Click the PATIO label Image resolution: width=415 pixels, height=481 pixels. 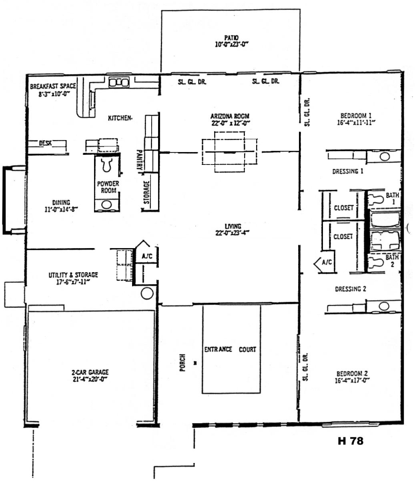point(231,38)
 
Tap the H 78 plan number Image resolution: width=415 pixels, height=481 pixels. point(350,441)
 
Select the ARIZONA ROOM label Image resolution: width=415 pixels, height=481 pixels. point(230,116)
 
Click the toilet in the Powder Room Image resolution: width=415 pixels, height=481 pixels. point(107,164)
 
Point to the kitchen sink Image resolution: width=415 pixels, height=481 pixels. point(119,82)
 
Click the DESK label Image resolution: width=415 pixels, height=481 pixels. point(45,143)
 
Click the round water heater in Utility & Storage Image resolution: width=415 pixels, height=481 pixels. point(147,293)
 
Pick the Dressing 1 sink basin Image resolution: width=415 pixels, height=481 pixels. point(385,156)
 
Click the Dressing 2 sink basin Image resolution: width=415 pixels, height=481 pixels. point(384,306)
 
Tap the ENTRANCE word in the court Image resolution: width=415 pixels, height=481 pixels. point(218,349)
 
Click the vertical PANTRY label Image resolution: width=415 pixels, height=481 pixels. point(139,160)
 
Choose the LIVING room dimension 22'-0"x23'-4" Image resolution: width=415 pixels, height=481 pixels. point(232,232)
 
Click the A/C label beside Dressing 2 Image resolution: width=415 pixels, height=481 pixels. point(327,262)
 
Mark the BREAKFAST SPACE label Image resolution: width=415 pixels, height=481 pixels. point(53,86)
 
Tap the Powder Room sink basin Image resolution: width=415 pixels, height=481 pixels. point(106,205)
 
